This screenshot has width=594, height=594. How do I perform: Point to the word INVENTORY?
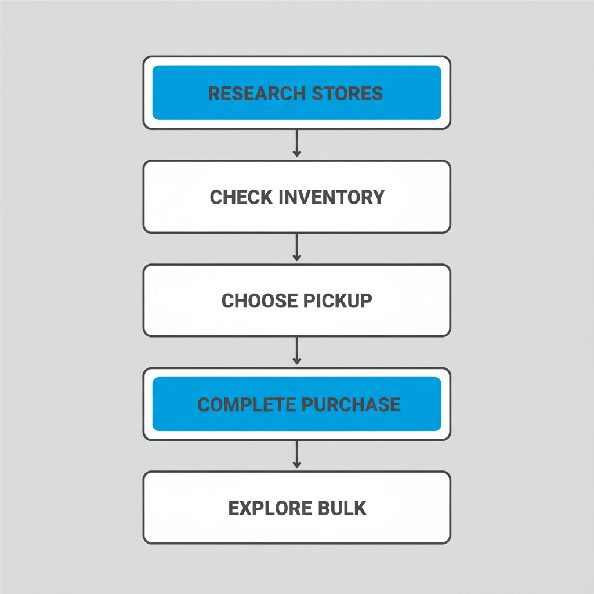pyautogui.click(x=331, y=197)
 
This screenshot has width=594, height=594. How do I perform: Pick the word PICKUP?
pyautogui.click(x=338, y=300)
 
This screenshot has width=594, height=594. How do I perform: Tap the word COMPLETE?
pyautogui.click(x=246, y=404)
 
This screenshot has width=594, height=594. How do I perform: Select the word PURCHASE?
pyautogui.click(x=350, y=404)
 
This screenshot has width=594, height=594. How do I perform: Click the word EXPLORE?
pyautogui.click(x=265, y=508)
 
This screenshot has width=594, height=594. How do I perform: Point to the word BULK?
pyautogui.click(x=342, y=508)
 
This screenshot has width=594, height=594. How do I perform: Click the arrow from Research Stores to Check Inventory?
pyautogui.click(x=296, y=143)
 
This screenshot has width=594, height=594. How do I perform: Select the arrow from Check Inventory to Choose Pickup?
pyautogui.click(x=296, y=247)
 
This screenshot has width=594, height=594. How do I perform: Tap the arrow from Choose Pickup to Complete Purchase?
pyautogui.click(x=296, y=350)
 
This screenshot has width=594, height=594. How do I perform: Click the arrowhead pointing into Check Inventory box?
pyautogui.click(x=296, y=154)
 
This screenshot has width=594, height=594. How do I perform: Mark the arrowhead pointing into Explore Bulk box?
pyautogui.click(x=296, y=465)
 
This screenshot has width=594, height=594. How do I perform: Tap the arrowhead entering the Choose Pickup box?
pyautogui.click(x=296, y=258)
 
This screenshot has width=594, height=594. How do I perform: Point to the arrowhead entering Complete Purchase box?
pyautogui.click(x=296, y=361)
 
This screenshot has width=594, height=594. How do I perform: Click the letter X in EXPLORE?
pyautogui.click(x=247, y=508)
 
